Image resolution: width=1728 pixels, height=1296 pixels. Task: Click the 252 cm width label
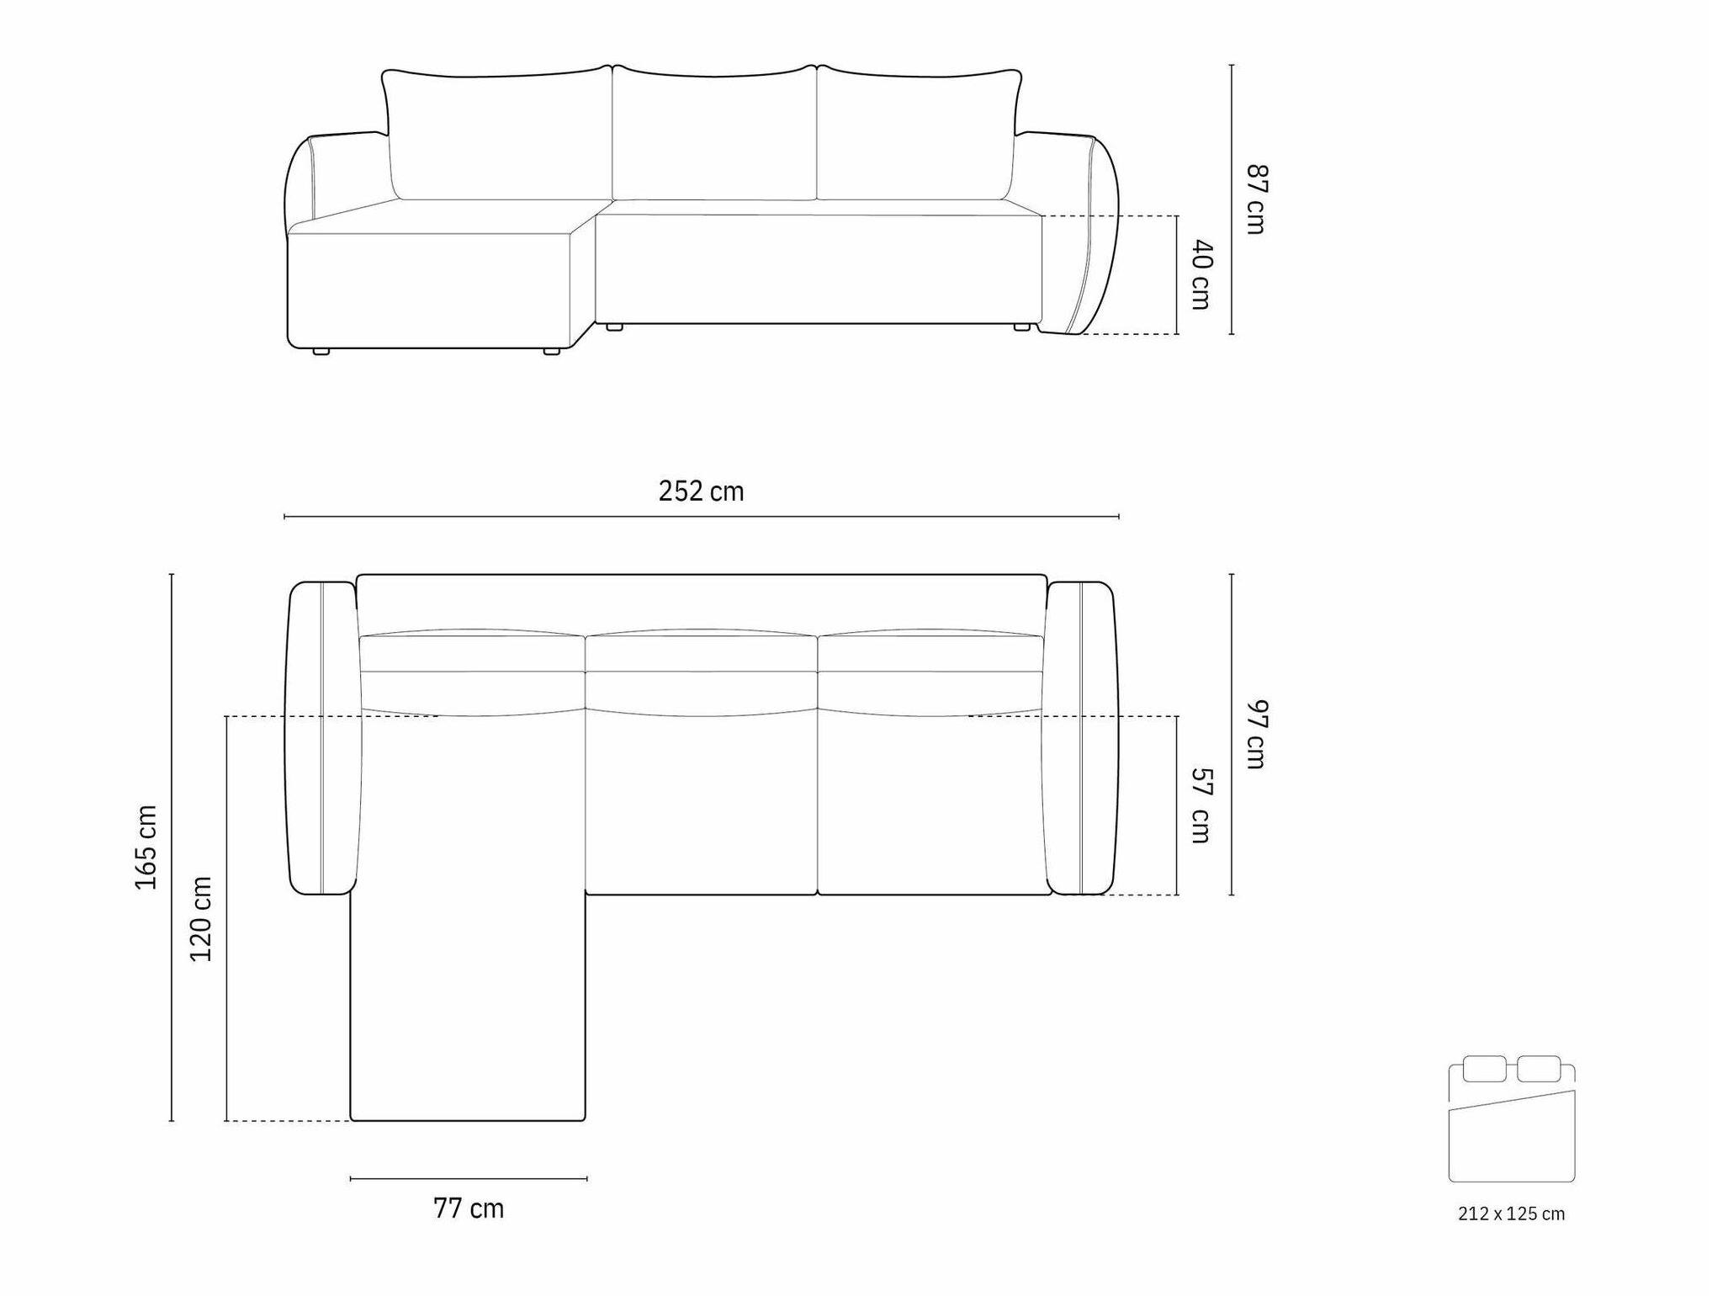[x=701, y=491]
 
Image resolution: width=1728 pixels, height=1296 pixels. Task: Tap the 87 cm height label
[x=1256, y=199]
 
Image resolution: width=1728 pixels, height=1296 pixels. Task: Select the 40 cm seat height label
[x=1202, y=275]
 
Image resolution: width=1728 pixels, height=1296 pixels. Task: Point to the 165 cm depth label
[x=146, y=847]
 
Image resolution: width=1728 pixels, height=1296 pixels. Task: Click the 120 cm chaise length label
[x=201, y=919]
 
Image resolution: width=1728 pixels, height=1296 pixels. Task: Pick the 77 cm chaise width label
[x=469, y=1208]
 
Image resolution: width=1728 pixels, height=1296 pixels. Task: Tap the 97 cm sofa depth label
[x=1256, y=735]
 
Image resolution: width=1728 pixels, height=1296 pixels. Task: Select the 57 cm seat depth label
[x=1202, y=805]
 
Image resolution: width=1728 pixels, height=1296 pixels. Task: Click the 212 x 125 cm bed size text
[x=1511, y=1214]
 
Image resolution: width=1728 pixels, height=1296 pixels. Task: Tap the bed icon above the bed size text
[x=1511, y=1118]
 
